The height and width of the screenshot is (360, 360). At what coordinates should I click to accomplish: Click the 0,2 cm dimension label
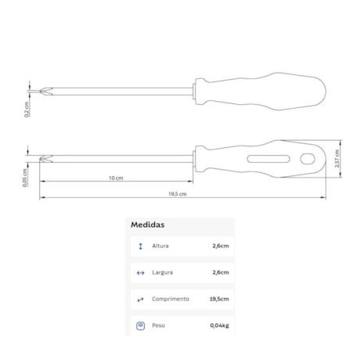[27, 110]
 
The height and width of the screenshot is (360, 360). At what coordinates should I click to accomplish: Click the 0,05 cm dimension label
[25, 178]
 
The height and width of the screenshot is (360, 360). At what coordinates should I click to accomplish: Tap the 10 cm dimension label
[116, 178]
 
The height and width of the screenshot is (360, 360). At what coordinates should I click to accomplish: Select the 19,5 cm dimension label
[178, 194]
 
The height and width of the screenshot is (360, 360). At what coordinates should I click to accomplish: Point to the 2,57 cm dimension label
[337, 158]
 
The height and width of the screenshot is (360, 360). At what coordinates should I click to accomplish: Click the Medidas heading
[148, 225]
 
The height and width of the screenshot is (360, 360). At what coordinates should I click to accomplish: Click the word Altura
[160, 246]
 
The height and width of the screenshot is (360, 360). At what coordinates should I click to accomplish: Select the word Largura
[163, 272]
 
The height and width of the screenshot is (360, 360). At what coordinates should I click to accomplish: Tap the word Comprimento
[171, 299]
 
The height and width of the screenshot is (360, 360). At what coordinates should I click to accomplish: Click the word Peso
[159, 326]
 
